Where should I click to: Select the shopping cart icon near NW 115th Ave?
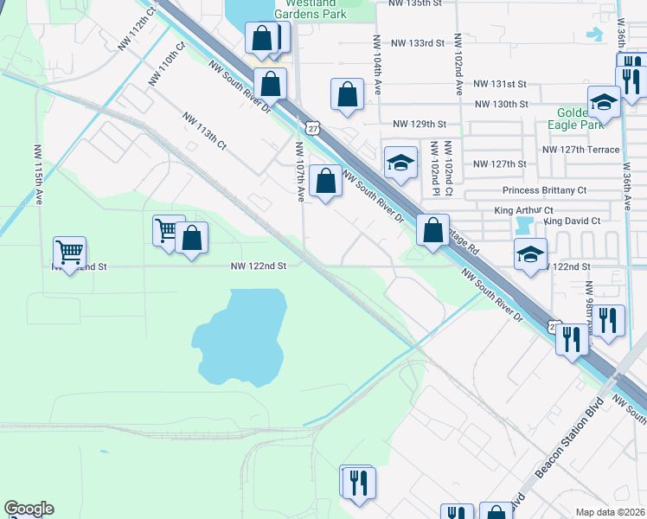(69, 253)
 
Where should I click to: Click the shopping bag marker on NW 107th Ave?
(325, 182)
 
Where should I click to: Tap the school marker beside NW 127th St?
(400, 163)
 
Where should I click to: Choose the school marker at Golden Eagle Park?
(604, 103)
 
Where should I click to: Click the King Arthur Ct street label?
(524, 210)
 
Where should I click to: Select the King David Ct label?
(572, 221)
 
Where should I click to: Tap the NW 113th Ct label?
(203, 131)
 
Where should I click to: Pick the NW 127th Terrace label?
(580, 150)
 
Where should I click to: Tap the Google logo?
(29, 509)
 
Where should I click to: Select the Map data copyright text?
(610, 512)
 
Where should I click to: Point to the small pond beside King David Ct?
(522, 226)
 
